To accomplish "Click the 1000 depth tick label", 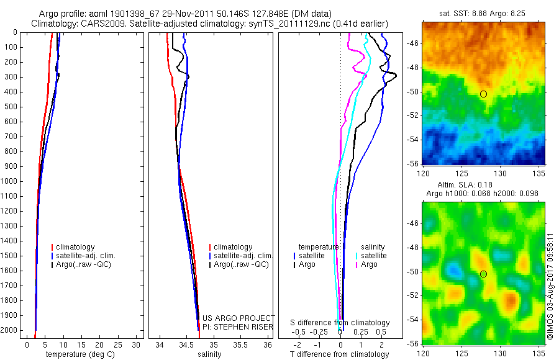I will click(10, 181).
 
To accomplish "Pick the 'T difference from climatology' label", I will click(340, 354).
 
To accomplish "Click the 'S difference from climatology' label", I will click(340, 323).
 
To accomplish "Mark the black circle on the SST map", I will click(483, 94).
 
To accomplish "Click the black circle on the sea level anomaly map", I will click(483, 274).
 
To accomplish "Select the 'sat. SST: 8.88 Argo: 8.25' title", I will click(483, 14).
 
